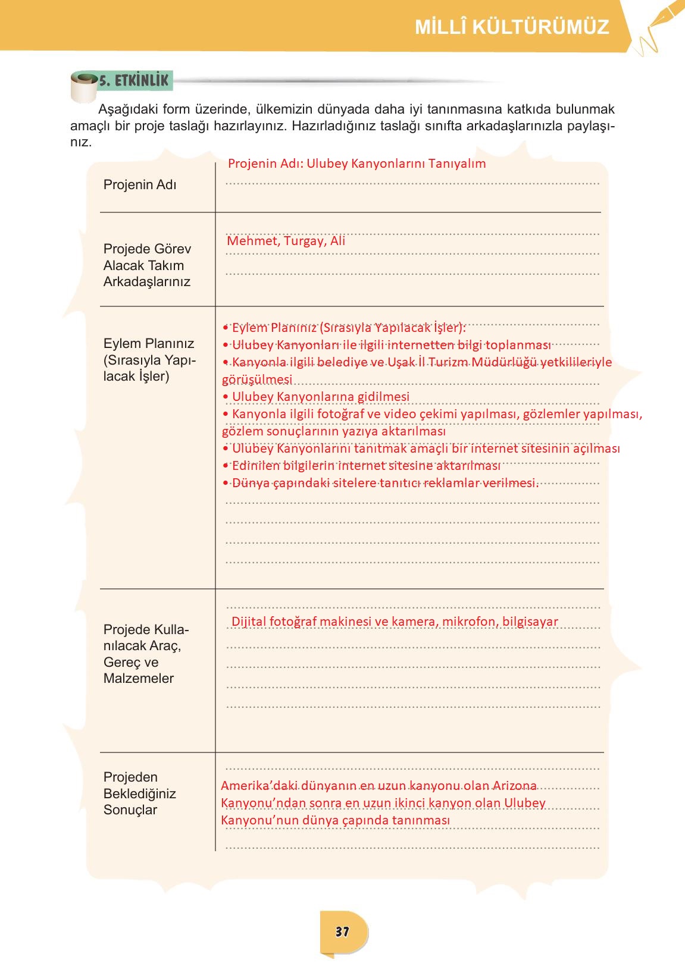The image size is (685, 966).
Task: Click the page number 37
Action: (x=342, y=931)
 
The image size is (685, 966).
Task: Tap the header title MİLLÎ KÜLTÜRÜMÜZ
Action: (x=512, y=27)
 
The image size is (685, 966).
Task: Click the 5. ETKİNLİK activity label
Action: (x=134, y=80)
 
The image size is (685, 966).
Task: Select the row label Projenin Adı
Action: (x=140, y=184)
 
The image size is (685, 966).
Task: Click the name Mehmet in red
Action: (x=252, y=241)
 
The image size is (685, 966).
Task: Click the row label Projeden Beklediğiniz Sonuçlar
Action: (x=139, y=793)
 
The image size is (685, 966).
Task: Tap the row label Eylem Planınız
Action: (x=149, y=343)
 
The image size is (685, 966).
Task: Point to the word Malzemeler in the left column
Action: (x=139, y=678)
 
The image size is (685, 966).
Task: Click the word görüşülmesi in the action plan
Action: (x=257, y=379)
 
